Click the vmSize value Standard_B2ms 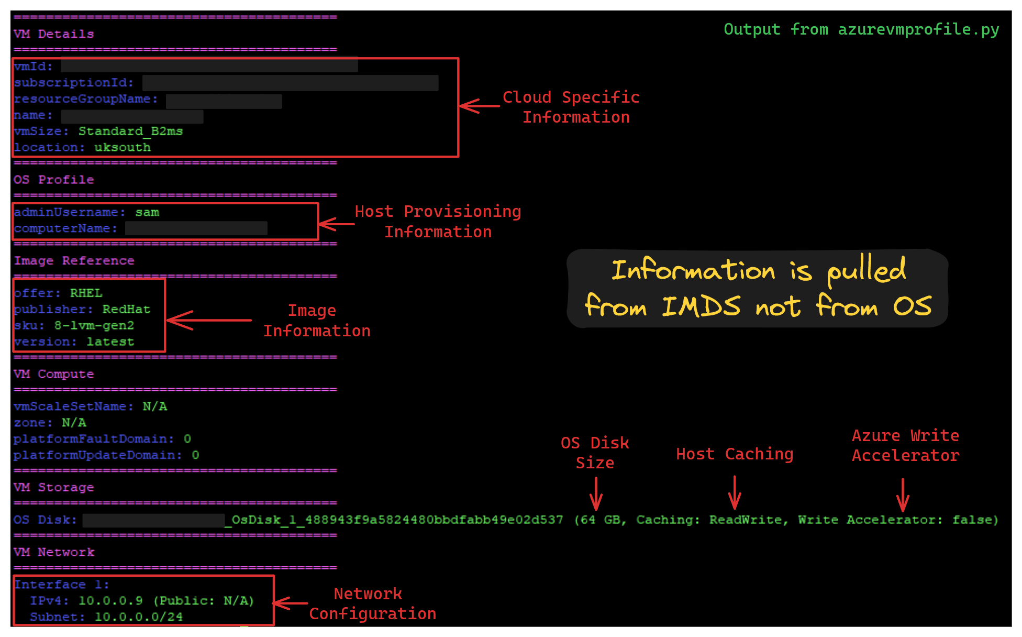coord(130,131)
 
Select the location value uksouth coord(123,147)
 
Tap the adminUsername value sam coord(147,212)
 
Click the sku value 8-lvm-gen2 coord(94,325)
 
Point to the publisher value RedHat coord(126,309)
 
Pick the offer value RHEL coord(86,293)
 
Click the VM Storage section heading coord(53,487)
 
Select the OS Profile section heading coord(53,180)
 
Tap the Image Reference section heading coord(74,260)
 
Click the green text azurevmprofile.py coord(918,29)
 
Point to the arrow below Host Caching coord(735,492)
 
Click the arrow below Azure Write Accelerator coord(902,495)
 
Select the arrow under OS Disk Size coord(596,493)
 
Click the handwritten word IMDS coord(701,306)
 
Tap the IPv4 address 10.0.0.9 coord(110,600)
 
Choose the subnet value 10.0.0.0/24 coord(138,617)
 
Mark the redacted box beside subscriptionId coord(290,83)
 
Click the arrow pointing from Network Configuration coord(290,603)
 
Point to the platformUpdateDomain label coord(97,455)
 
